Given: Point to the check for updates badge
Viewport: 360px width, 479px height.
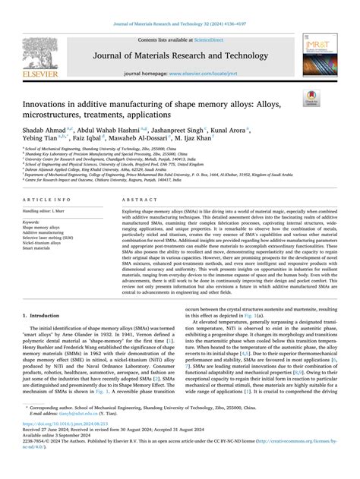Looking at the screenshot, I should pos(332,97).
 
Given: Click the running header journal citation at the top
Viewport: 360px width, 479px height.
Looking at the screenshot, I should pos(180,25).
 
